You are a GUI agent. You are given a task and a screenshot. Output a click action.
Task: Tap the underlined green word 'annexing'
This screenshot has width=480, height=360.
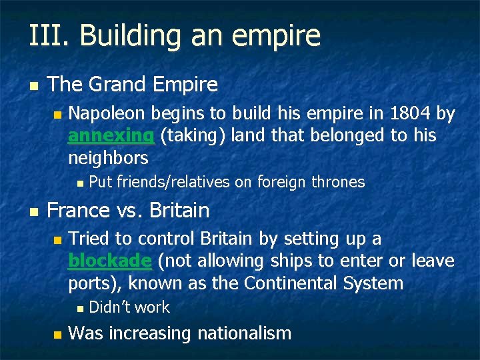pyautogui.click(x=111, y=136)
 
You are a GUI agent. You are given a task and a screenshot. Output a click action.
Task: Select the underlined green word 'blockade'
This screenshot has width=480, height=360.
pyautogui.click(x=110, y=261)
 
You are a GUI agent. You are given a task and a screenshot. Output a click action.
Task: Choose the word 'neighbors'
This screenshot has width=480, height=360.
pyautogui.click(x=108, y=158)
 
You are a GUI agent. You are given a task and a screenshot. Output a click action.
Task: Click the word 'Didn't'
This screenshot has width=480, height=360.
pyautogui.click(x=109, y=307)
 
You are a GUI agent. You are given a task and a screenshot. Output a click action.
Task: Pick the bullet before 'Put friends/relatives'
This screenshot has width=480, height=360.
pyautogui.click(x=79, y=183)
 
